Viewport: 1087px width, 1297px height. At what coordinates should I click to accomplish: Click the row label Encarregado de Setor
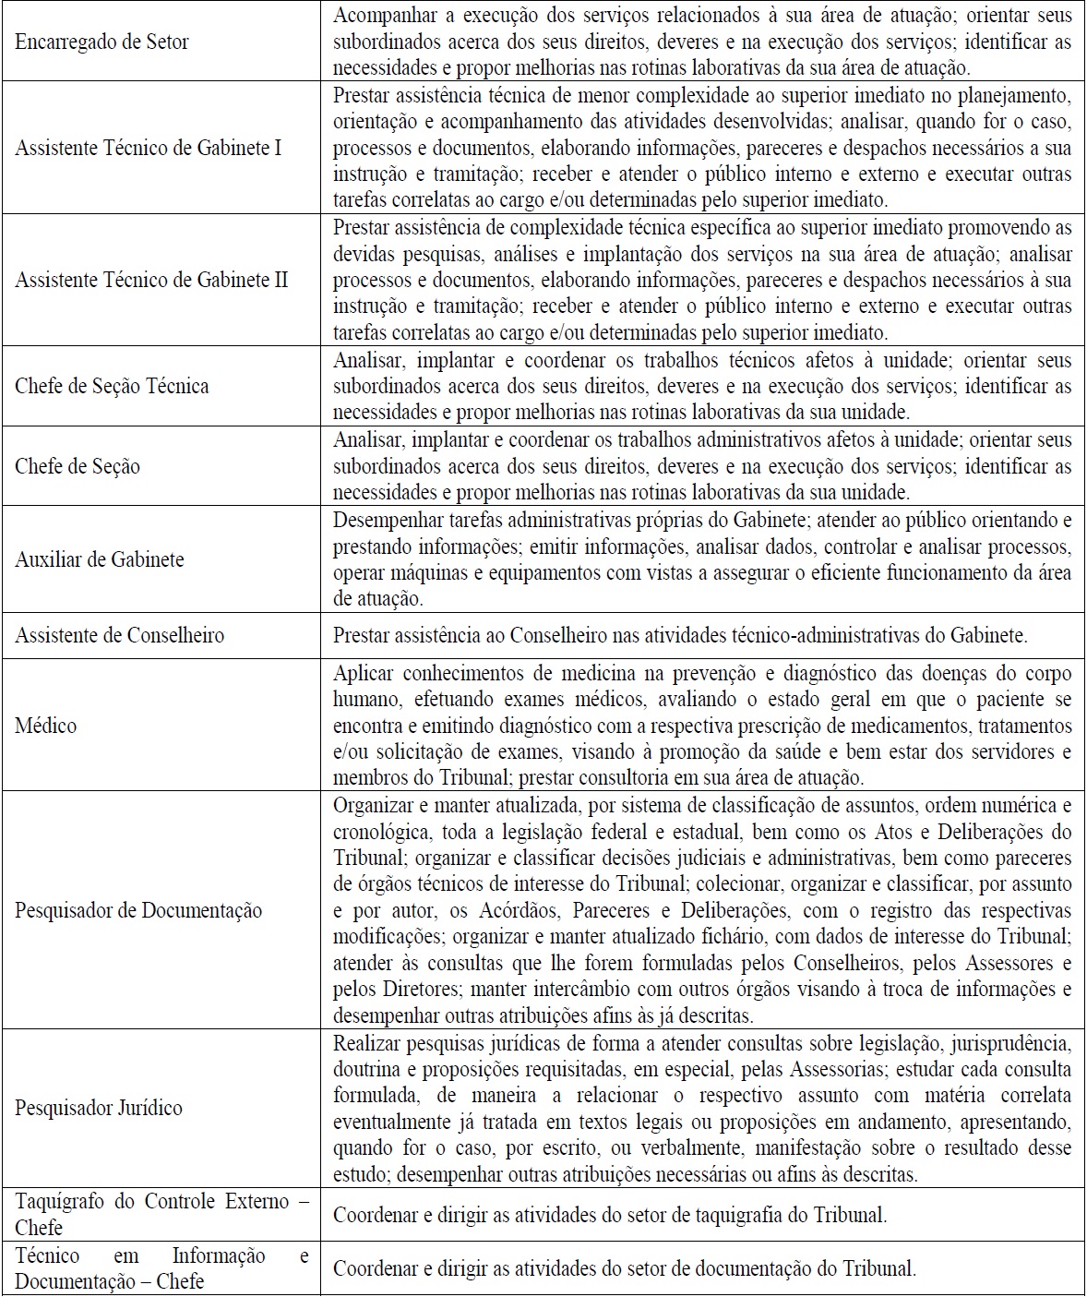(x=102, y=42)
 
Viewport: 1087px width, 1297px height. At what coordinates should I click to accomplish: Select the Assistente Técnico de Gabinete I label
(x=149, y=149)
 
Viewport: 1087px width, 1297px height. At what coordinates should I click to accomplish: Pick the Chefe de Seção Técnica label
(x=112, y=386)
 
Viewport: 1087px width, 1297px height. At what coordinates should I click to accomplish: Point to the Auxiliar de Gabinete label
(x=100, y=559)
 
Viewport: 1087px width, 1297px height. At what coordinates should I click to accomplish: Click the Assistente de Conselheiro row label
(x=119, y=635)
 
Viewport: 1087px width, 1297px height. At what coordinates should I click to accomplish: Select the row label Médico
(x=45, y=726)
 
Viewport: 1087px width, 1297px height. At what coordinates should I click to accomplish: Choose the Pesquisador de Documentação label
(x=138, y=910)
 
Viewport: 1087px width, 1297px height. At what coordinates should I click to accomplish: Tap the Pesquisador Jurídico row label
(x=99, y=1108)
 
